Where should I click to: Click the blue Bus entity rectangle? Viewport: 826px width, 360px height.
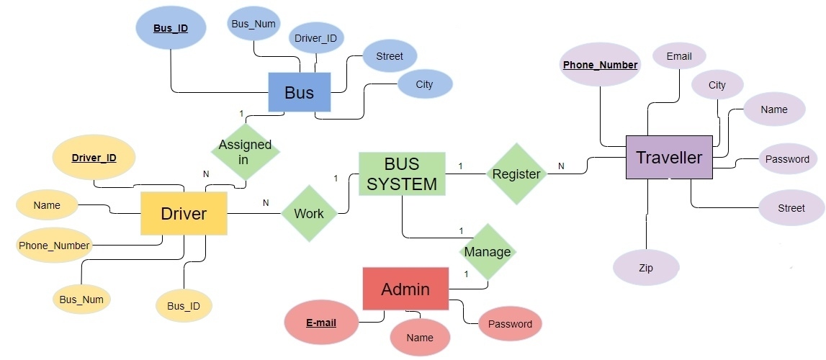299,92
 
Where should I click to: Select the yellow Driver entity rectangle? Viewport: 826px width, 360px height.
184,213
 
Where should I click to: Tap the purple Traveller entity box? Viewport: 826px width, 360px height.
668,157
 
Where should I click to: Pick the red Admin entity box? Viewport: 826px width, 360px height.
405,289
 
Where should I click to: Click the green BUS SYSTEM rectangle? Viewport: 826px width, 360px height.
401,174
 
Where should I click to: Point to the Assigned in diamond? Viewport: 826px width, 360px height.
244,152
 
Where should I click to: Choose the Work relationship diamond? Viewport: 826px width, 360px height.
309,213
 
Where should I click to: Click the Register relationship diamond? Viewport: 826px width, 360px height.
516,174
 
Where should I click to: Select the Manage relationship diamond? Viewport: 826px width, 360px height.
487,251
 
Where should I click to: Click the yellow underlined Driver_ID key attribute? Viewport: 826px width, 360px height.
94,157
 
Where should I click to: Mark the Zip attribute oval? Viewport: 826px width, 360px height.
646,268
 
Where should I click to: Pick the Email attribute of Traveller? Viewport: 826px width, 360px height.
678,56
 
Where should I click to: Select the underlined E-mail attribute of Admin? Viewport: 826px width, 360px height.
321,323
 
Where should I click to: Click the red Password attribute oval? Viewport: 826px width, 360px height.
510,324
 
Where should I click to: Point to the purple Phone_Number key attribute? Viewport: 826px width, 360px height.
600,65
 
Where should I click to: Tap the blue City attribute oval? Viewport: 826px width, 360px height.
425,84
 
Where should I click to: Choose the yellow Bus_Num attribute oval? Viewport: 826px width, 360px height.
81,300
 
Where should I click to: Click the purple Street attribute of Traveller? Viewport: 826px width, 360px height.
791,208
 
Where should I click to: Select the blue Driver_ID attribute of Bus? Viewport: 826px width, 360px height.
315,37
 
